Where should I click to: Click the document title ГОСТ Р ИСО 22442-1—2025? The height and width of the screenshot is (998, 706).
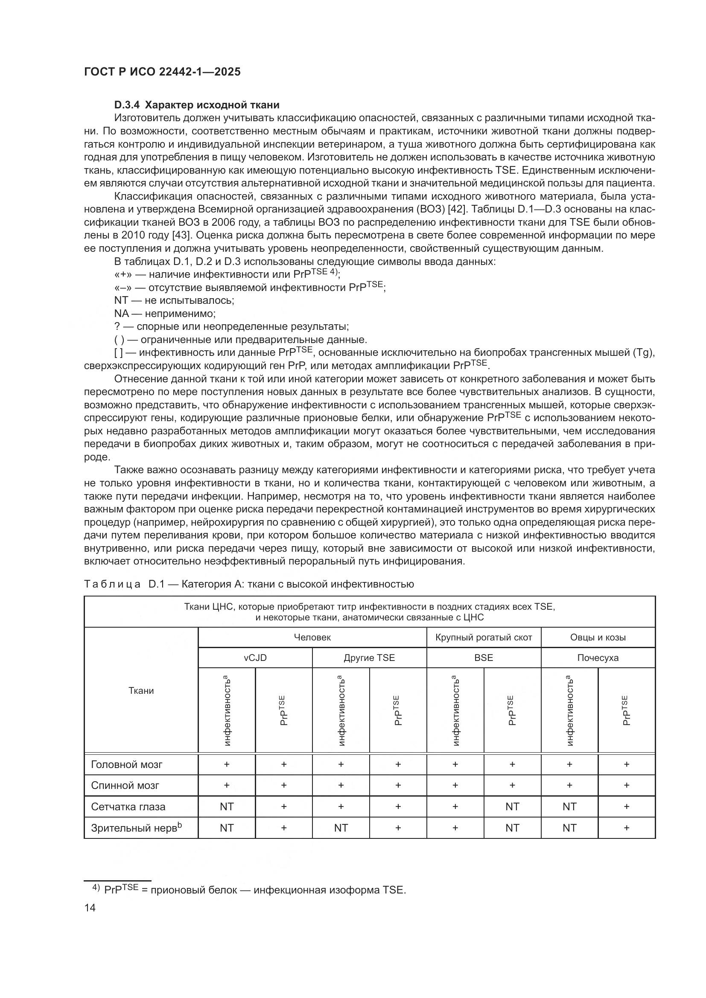tap(162, 72)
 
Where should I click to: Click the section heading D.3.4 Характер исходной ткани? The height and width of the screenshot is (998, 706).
tap(196, 105)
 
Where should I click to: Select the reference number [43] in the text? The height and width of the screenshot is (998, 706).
tap(181, 235)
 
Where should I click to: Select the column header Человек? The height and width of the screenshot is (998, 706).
tap(312, 637)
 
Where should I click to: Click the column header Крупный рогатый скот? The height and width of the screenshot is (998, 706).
tap(484, 637)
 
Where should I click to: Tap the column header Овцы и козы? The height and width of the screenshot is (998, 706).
tap(598, 637)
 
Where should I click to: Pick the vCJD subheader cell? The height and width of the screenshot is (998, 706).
tap(255, 658)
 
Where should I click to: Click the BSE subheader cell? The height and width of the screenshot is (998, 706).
tap(484, 658)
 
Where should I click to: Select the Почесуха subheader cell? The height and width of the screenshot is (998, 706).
tap(598, 658)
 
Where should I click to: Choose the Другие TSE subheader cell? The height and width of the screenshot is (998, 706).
tap(369, 658)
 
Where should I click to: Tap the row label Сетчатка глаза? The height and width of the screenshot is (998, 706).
tap(128, 807)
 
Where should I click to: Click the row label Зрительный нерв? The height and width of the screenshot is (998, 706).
tap(136, 828)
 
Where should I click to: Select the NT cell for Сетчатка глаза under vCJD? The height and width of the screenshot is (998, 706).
tap(227, 807)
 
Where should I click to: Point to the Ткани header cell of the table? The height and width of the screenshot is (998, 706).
tap(141, 690)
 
